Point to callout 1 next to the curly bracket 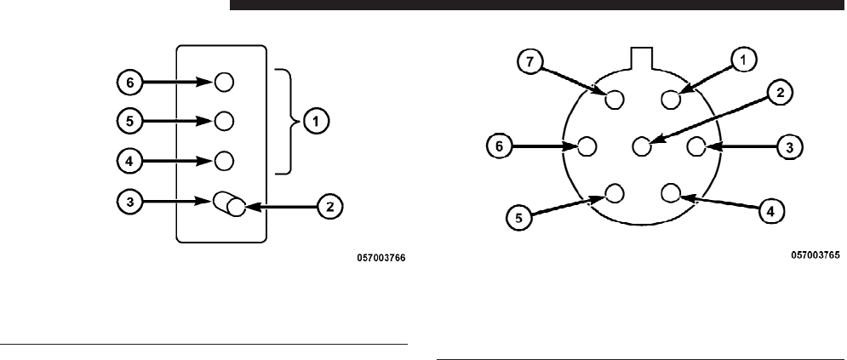pos(316,122)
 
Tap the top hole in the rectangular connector pos(224,82)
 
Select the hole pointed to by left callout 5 pos(224,120)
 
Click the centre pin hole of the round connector pos(642,146)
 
